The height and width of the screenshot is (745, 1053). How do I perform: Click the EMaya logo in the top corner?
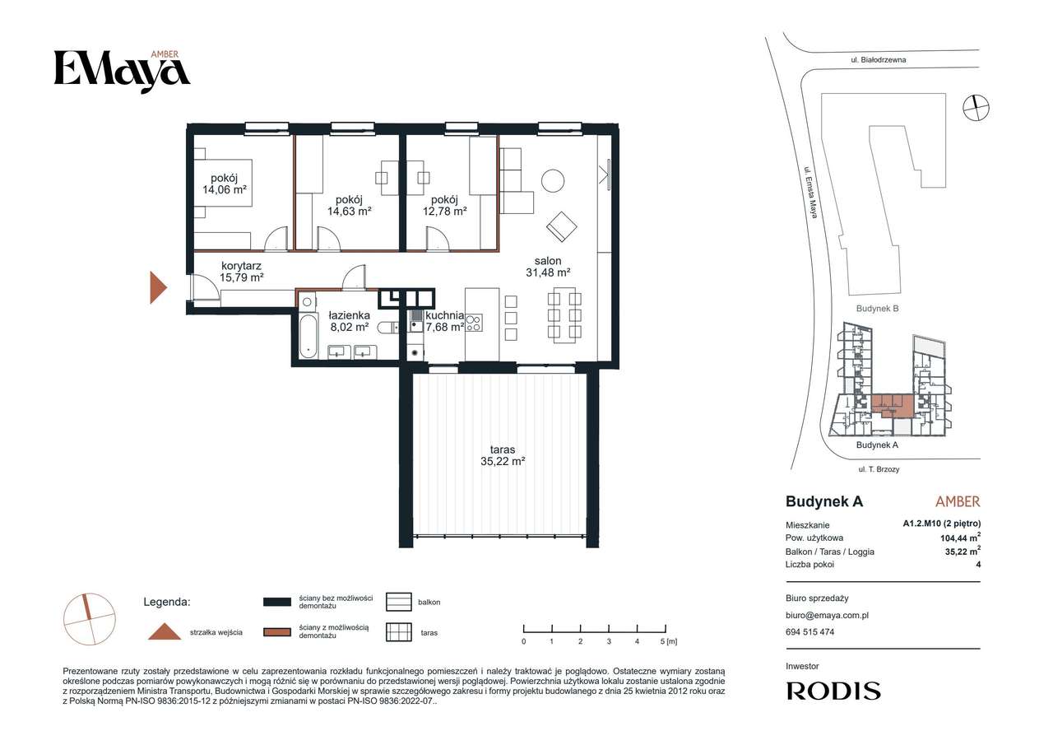point(123,71)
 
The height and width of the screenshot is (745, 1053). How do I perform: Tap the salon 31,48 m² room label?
point(548,266)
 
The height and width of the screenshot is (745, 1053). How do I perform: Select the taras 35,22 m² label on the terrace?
point(503,455)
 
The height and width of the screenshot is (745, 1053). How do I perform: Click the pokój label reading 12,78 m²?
point(444,206)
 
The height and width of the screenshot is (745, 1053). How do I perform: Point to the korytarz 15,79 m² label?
point(241,272)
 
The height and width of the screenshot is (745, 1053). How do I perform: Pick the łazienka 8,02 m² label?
point(349,321)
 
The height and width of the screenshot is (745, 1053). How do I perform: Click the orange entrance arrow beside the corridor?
point(158,287)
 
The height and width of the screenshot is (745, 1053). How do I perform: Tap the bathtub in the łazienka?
point(308,337)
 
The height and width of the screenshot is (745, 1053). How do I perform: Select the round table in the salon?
point(553,180)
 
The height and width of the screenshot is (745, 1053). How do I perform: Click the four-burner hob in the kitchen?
point(474,323)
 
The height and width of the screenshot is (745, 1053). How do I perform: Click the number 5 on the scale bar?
point(662,641)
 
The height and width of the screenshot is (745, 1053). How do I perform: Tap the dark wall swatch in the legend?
point(277,602)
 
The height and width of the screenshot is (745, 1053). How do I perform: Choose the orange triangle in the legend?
point(165,631)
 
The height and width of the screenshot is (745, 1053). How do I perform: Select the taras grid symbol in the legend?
point(399,632)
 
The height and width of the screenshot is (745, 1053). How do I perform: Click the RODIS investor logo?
point(833,691)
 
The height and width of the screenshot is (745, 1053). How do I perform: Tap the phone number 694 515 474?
point(810,632)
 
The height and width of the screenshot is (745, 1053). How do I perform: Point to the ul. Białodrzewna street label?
point(879,60)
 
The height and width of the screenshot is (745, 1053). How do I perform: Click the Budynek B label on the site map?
point(877,309)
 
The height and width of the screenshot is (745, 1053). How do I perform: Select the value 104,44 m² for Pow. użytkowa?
point(960,538)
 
